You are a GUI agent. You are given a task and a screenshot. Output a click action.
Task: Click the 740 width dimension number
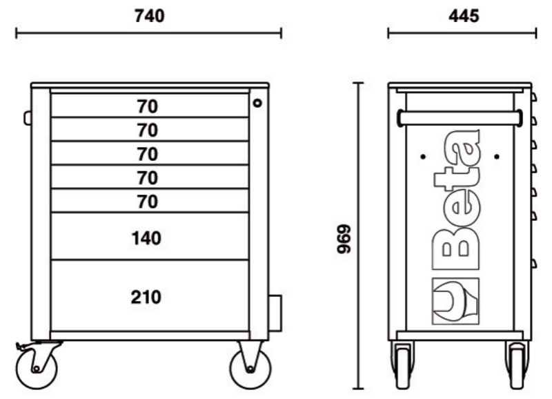coord(148,14)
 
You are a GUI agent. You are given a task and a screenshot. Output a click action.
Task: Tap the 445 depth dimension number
coord(462,14)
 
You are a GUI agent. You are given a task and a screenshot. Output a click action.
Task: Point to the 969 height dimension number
coord(343,238)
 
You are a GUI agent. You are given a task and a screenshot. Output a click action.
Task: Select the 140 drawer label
coord(146,238)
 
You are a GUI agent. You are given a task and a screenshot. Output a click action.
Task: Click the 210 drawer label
coord(146,297)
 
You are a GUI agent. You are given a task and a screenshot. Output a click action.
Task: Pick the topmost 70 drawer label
coord(146,106)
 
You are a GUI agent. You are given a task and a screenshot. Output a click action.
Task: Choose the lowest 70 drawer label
coord(146,202)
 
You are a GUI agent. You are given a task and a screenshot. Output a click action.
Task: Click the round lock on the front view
coord(257,103)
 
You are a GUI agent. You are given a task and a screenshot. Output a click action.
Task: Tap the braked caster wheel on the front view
coord(37,366)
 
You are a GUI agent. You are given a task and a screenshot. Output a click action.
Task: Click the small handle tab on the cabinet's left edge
coord(28,118)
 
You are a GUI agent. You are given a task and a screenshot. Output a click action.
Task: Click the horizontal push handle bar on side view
coord(460,119)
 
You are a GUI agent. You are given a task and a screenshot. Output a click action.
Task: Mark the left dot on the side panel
coord(422,157)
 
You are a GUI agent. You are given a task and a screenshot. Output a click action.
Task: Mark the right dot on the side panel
coord(496,157)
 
